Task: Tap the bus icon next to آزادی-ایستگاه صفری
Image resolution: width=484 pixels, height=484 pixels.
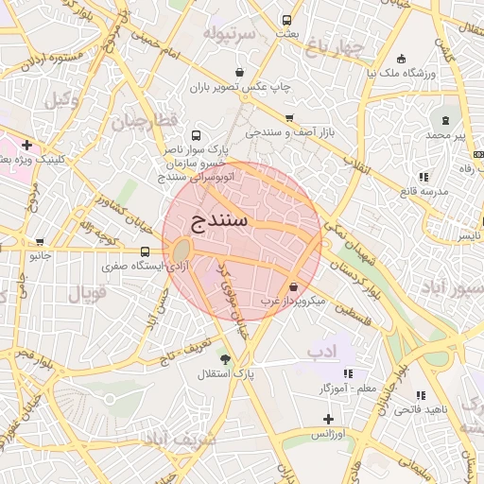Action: tap(145, 251)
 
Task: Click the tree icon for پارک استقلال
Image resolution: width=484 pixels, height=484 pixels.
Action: tap(224, 359)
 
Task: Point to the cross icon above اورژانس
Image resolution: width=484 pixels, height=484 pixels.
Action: tap(328, 418)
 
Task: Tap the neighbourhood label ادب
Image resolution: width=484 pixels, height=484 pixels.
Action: tap(321, 354)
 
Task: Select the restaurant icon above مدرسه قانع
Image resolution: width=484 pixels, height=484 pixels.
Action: tap(422, 176)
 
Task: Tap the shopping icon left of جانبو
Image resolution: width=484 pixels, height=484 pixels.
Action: tap(40, 241)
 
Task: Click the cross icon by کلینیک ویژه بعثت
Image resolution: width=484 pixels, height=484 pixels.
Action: tap(27, 146)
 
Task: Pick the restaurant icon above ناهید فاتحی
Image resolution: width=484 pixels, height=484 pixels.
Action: tap(421, 395)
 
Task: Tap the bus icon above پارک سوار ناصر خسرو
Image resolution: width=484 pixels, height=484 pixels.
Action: tap(196, 135)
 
